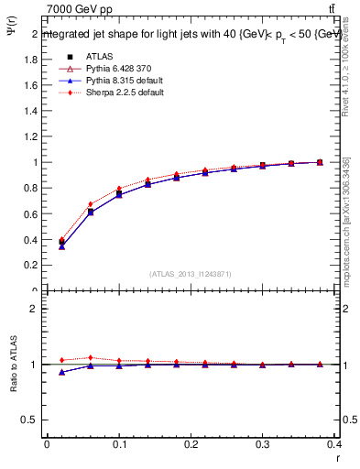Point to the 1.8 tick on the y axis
(30, 60)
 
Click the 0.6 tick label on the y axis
(30, 214)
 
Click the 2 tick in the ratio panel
(35, 309)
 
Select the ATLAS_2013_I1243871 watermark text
(191, 274)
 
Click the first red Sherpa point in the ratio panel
(61, 360)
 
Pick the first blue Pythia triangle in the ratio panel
(61, 372)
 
